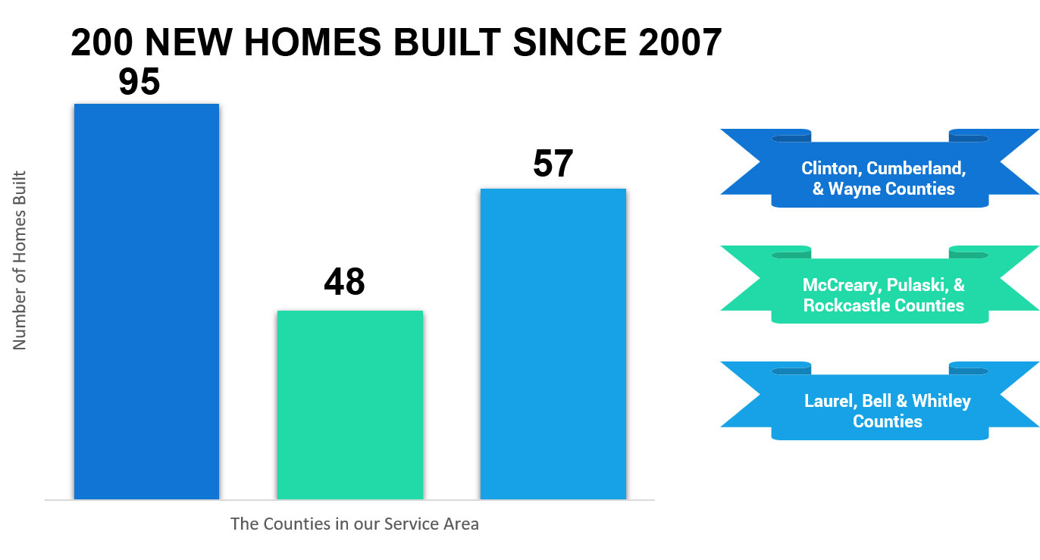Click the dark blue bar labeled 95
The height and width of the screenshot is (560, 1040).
click(147, 302)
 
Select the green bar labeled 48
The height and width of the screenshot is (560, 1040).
click(350, 405)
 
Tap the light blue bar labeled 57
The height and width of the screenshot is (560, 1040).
click(553, 344)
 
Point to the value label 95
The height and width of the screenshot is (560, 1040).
click(139, 82)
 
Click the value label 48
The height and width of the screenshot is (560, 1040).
click(344, 282)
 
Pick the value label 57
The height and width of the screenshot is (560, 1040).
click(553, 164)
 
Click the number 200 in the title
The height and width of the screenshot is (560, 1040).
click(102, 42)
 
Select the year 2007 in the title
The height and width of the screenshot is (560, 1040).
click(680, 42)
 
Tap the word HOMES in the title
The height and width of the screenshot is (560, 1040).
click(312, 42)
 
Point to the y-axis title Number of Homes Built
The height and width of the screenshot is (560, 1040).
click(20, 260)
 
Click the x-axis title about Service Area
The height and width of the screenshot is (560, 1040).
click(355, 524)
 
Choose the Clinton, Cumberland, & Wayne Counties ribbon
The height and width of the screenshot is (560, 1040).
click(880, 168)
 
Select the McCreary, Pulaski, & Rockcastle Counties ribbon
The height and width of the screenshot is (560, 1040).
click(880, 284)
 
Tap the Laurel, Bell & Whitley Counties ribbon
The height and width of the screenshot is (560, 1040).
click(880, 401)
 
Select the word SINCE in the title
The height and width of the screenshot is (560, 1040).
click(570, 42)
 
